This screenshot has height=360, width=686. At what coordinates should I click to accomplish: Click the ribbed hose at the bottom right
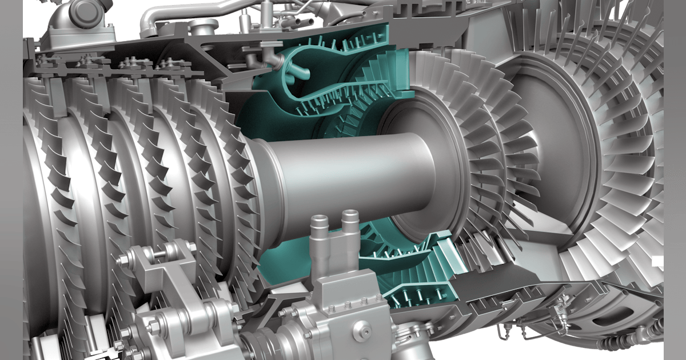617,343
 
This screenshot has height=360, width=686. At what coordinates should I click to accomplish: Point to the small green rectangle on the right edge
658,261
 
